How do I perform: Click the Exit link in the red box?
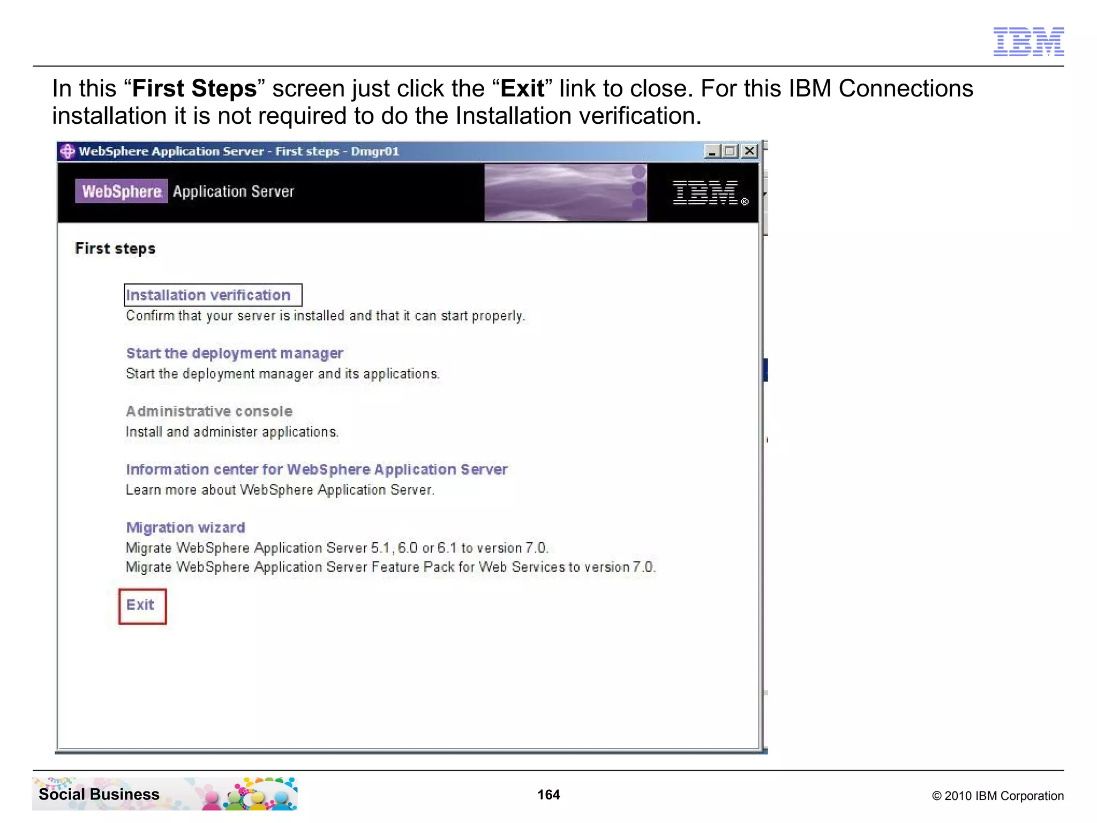[x=140, y=605]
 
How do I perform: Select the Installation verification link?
[x=208, y=295]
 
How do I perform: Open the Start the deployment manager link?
[x=235, y=354]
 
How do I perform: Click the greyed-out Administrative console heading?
[x=209, y=411]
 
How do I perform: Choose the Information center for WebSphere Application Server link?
[x=317, y=469]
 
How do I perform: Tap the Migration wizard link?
[x=185, y=528]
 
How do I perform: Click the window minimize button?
[x=711, y=152]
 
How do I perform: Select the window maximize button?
[x=730, y=152]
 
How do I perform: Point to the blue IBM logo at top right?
[x=1028, y=41]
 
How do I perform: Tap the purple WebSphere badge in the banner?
[x=122, y=191]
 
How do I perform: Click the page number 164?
[x=548, y=795]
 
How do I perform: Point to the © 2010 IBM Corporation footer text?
[x=997, y=796]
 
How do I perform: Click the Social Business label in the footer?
[x=99, y=794]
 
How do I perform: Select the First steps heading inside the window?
[x=115, y=249]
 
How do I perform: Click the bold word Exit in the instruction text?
[x=522, y=89]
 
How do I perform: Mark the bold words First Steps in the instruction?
[x=194, y=89]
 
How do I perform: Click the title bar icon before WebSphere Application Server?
[x=67, y=152]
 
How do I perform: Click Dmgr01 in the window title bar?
[x=375, y=152]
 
